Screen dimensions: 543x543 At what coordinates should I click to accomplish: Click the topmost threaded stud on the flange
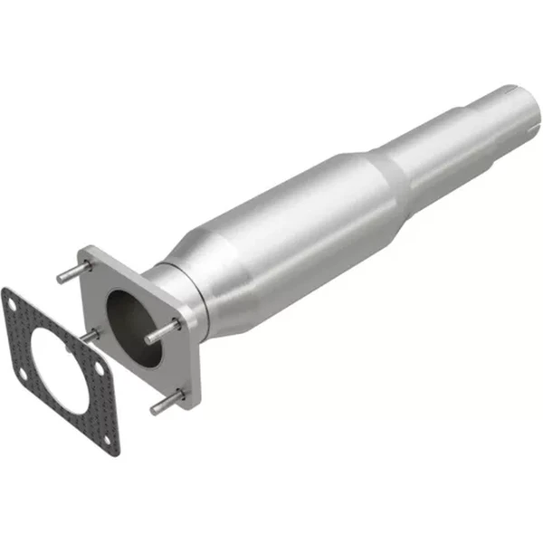point(72,271)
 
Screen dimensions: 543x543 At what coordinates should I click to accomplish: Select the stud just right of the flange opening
point(161,331)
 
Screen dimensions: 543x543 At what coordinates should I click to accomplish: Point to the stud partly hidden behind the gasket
point(90,336)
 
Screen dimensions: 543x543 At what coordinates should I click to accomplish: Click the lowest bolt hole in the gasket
point(109,441)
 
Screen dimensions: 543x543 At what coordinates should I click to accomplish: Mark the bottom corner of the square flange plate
point(191,406)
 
